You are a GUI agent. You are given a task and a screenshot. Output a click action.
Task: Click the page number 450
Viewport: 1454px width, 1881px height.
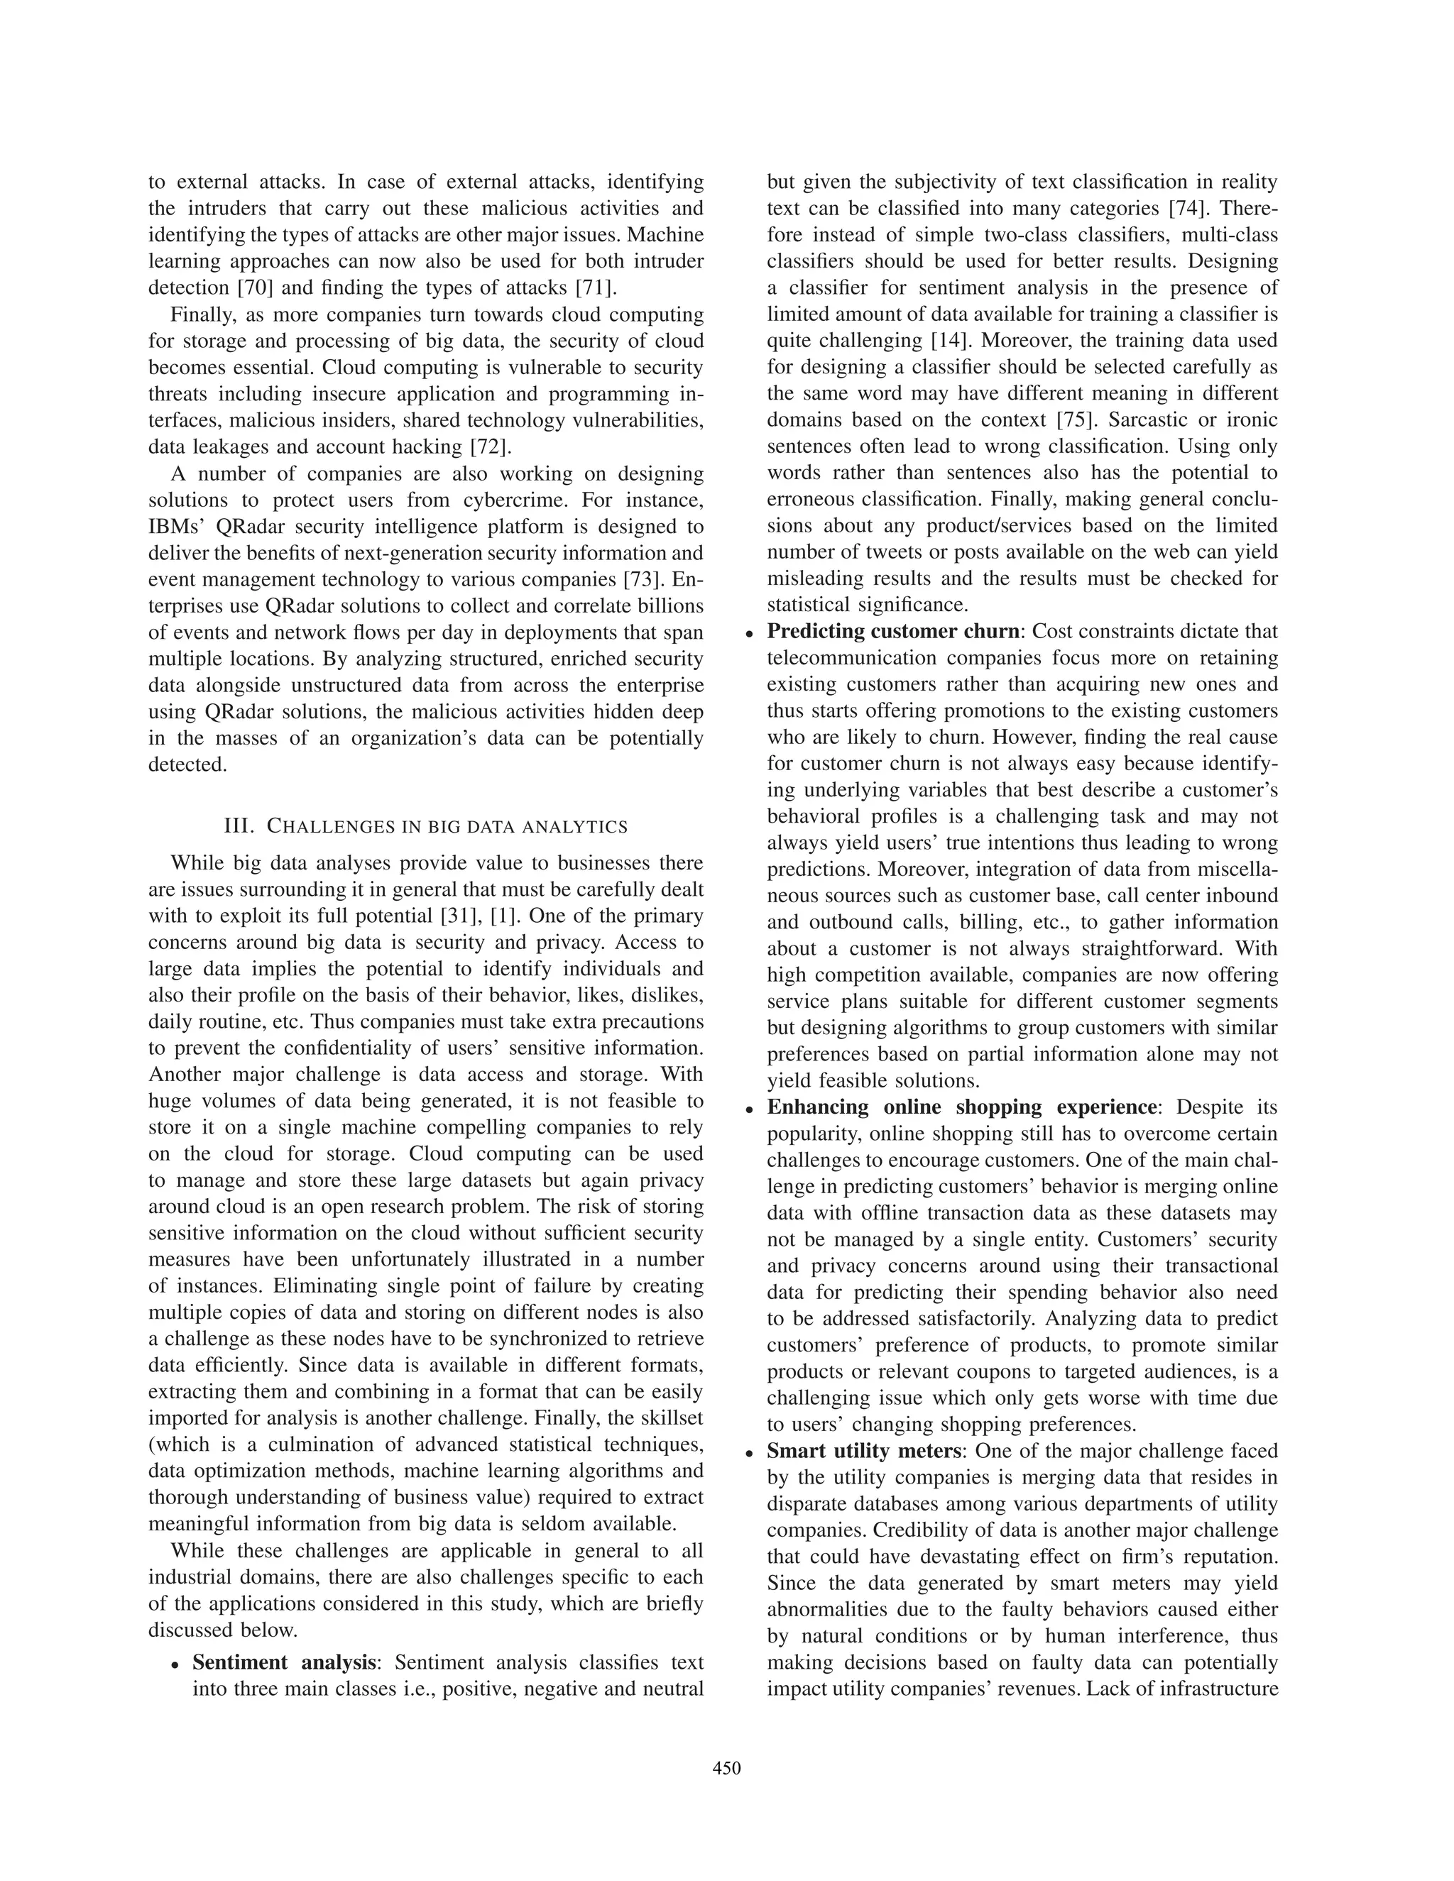tap(727, 1768)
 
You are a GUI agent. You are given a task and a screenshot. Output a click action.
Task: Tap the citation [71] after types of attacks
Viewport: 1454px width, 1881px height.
tap(594, 287)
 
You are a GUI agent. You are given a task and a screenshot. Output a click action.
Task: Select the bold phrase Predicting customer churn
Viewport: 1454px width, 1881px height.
tap(893, 631)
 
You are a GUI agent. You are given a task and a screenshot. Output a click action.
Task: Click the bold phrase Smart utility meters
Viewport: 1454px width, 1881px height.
tap(864, 1452)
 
